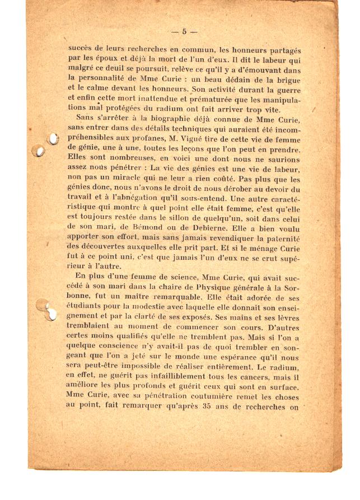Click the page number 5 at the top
[x=185, y=32]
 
